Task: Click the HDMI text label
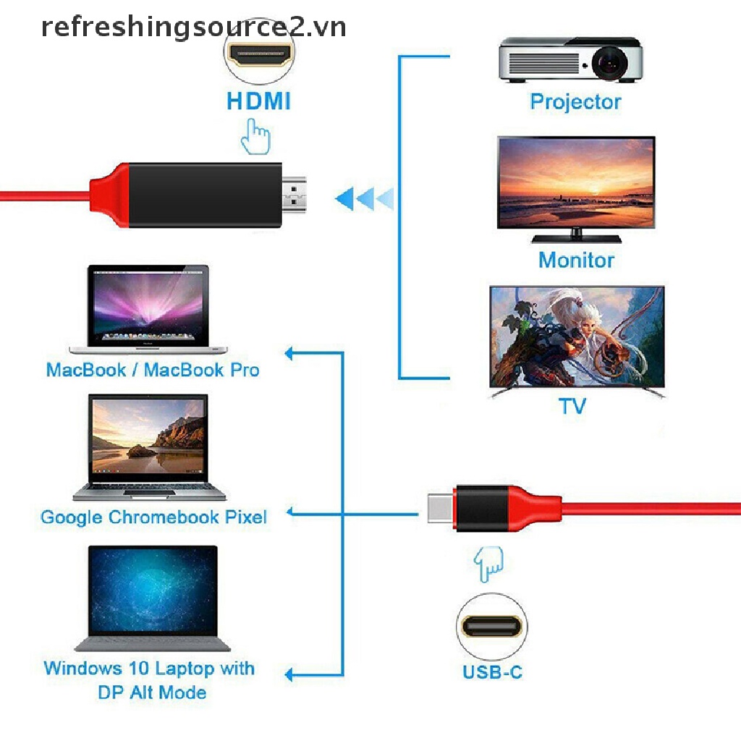tap(258, 101)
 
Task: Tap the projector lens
tap(609, 63)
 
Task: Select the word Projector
tap(575, 102)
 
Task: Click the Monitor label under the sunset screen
tap(576, 260)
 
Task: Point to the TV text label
tap(572, 406)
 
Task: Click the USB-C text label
tap(492, 672)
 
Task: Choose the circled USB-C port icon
tap(492, 627)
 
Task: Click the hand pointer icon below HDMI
tap(255, 137)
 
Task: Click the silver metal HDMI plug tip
tap(294, 195)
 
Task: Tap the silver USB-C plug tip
tap(441, 508)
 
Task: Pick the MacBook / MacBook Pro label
tap(153, 370)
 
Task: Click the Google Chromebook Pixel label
tap(153, 517)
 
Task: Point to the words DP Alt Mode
tap(152, 693)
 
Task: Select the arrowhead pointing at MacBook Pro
tap(289, 353)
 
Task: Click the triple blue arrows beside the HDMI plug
tap(364, 198)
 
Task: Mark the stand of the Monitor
tap(576, 237)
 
